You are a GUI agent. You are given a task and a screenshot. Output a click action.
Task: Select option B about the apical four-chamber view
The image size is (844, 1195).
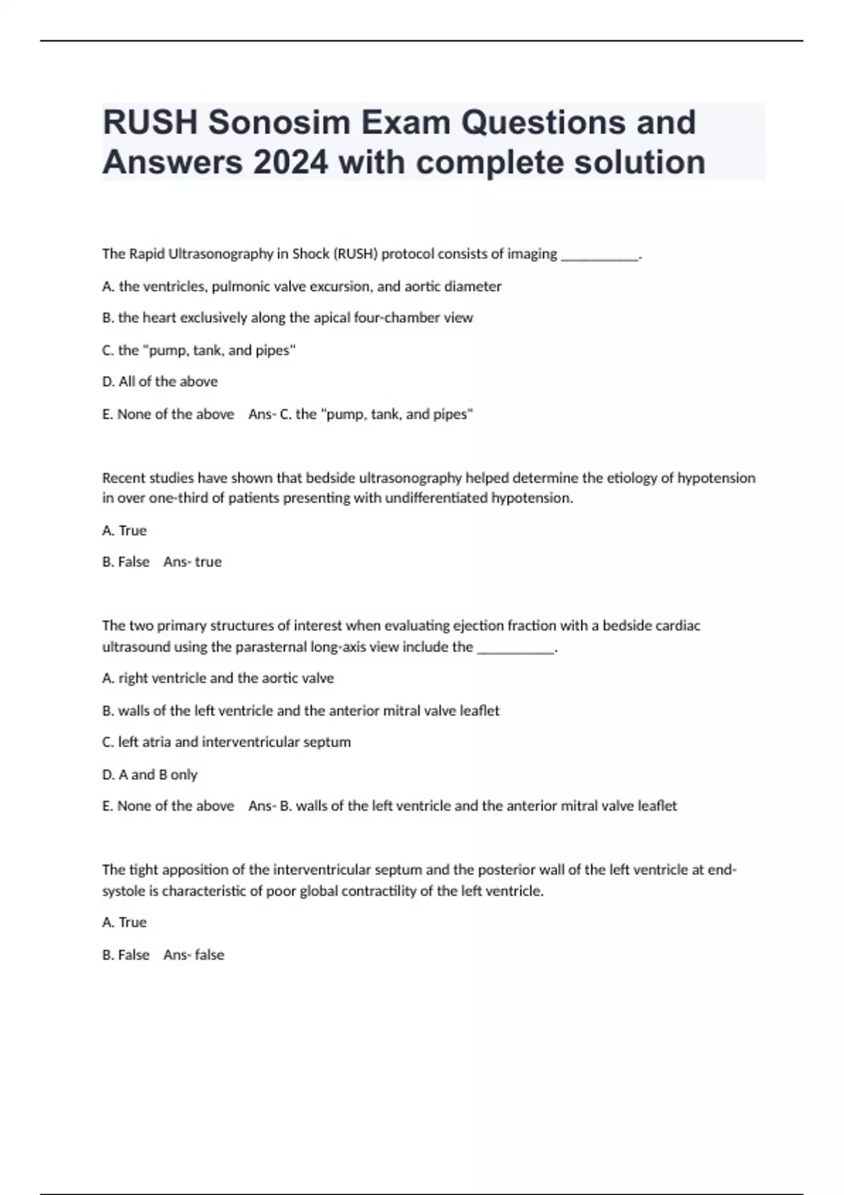[287, 318]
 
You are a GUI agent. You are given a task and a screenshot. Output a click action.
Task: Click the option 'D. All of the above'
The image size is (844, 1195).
[160, 382]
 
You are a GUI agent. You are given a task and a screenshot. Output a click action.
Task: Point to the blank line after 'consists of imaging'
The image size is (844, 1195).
[599, 255]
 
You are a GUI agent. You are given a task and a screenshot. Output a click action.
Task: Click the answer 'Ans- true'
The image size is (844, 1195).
[192, 562]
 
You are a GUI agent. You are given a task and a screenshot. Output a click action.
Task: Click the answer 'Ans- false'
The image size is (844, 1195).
[193, 955]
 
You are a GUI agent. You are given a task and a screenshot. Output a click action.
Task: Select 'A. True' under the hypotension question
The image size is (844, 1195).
[124, 531]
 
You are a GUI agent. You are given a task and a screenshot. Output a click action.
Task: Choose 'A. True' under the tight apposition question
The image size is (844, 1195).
[124, 922]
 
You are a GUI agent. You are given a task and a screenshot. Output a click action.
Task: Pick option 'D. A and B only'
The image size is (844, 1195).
[150, 775]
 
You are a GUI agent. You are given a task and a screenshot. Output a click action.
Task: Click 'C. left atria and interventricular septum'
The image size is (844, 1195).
[226, 742]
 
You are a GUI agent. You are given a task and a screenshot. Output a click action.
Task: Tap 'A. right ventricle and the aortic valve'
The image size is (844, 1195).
[217, 678]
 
